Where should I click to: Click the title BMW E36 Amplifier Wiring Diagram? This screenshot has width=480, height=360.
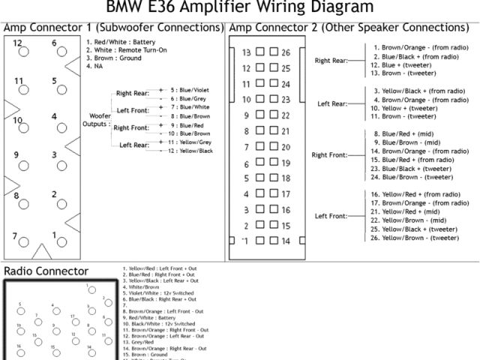coord(239,7)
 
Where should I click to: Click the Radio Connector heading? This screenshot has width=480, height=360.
coord(46,270)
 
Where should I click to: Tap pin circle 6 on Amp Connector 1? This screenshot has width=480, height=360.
coord(55,53)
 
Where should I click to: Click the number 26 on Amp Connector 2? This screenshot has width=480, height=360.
coord(285,52)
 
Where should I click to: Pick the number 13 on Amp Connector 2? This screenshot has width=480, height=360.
coord(246,52)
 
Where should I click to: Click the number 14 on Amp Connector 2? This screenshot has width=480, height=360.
coord(285,241)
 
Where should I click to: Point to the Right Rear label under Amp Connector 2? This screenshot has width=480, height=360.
coord(331,61)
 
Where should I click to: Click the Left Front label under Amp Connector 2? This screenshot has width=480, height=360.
coord(331,216)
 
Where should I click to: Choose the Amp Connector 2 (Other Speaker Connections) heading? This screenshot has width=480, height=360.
coord(349,28)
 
